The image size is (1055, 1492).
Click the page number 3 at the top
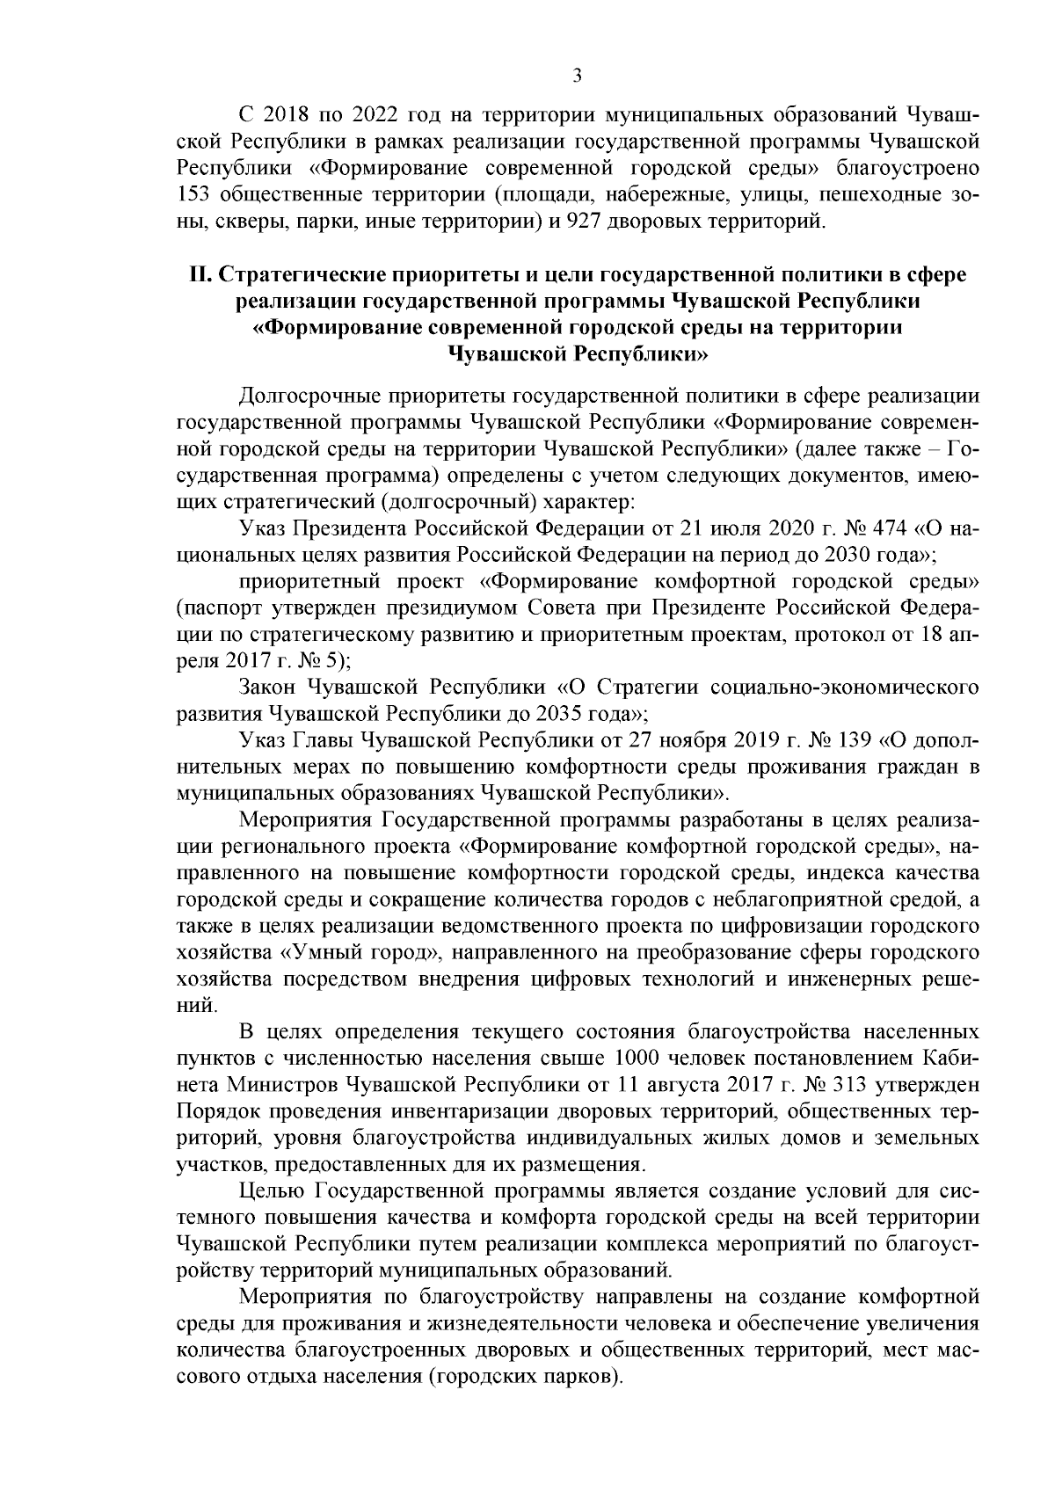577,76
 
